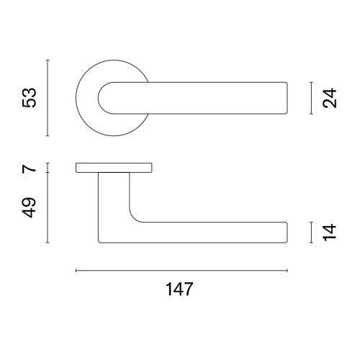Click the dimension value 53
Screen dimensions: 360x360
pyautogui.click(x=29, y=98)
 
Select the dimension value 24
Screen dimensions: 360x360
pyautogui.click(x=330, y=98)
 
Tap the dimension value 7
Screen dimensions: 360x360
pyautogui.click(x=29, y=168)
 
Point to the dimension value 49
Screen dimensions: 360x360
pyautogui.click(x=29, y=207)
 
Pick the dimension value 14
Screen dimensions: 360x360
pyautogui.click(x=330, y=233)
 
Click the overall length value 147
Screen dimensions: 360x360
pyautogui.click(x=179, y=289)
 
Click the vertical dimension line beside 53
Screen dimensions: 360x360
pyautogui.click(x=48, y=98)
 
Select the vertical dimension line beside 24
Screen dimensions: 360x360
pyautogui.click(x=311, y=98)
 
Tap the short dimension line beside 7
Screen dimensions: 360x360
pyautogui.click(x=48, y=168)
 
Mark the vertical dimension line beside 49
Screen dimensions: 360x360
pyautogui.click(x=48, y=207)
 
